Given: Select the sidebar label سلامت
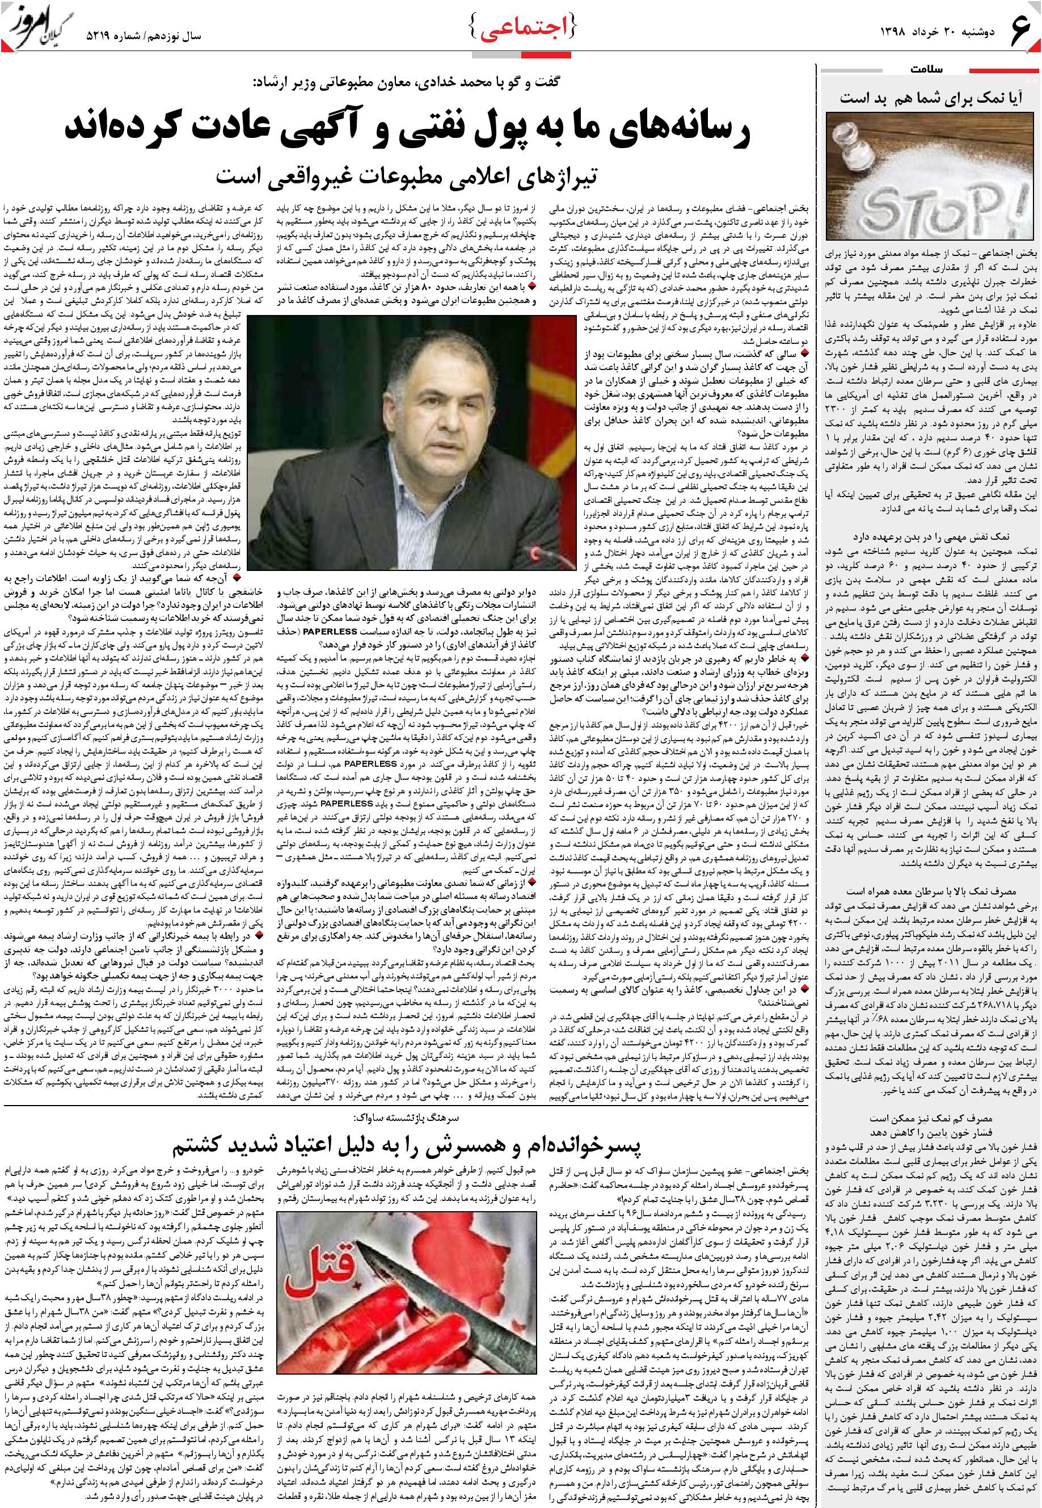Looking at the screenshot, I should click(927, 69).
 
